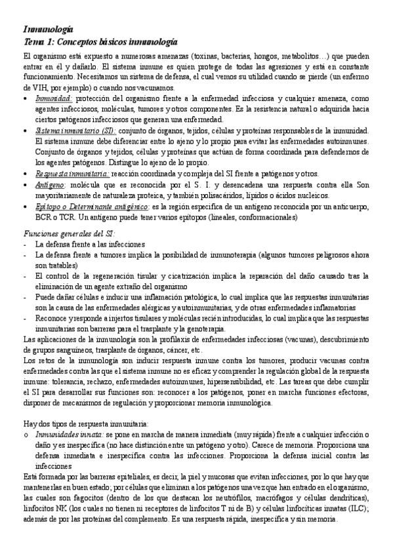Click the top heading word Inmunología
pyautogui.click(x=48, y=30)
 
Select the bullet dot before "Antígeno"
pyautogui.click(x=25, y=185)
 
